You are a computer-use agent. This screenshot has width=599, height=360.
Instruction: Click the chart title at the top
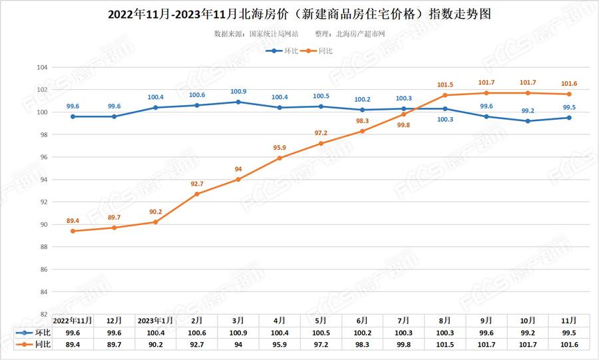(299, 13)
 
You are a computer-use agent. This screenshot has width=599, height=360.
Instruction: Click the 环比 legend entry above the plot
(282, 51)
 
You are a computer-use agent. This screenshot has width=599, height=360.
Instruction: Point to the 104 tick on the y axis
(41, 67)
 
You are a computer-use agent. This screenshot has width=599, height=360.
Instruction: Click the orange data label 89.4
(73, 220)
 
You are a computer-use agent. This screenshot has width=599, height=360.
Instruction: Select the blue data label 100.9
(238, 91)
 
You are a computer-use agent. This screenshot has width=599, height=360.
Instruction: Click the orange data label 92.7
(197, 183)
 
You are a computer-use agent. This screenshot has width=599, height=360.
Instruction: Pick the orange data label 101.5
(445, 85)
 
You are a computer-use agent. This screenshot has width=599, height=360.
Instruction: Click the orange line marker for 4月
(280, 158)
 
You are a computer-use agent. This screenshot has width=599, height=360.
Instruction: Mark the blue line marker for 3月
(238, 102)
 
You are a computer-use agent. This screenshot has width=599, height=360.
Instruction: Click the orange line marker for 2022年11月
(73, 231)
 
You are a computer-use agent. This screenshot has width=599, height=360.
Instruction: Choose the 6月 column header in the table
(363, 319)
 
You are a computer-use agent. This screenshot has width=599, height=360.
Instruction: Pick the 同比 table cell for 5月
(321, 344)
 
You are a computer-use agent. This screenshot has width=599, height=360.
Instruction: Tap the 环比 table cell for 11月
(570, 332)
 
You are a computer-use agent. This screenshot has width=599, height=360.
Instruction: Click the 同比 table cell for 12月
(114, 344)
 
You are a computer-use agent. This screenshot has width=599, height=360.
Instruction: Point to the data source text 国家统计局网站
(274, 33)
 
